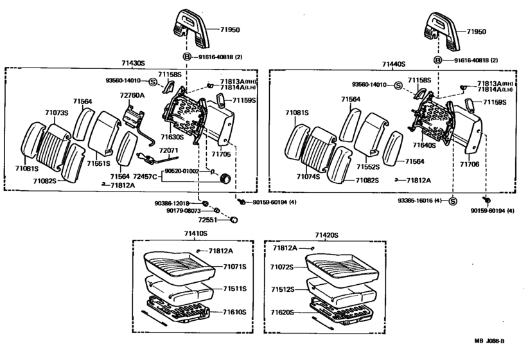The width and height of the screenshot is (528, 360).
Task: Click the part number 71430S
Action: pos(133,63)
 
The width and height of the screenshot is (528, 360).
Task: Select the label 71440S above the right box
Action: pos(394,64)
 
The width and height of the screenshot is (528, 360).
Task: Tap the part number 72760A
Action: pos(132,95)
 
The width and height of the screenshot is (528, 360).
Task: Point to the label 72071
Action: pos(168,150)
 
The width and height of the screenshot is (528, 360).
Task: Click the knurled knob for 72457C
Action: pos(225,178)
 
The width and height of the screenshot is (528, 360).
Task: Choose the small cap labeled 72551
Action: pos(233,220)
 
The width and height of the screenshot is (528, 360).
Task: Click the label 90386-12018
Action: pos(172,203)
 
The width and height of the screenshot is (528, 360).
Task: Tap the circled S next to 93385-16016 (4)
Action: pos(453,201)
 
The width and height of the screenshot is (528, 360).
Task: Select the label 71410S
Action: pos(196,233)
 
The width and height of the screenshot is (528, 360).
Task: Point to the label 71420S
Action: pos(327,235)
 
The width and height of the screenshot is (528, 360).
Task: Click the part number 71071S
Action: pos(234,267)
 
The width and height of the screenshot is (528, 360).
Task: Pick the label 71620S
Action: pos(282,312)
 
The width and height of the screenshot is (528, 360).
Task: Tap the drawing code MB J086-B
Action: pos(489,341)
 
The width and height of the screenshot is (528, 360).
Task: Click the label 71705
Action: pos(221,154)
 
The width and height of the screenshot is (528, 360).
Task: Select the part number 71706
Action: pos(470,164)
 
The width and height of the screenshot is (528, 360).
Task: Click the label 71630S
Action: pos(172,137)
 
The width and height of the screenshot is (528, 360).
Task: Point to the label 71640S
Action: pos(425,145)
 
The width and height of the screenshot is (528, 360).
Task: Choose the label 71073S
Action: pos(57,113)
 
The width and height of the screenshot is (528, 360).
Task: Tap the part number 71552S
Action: pos(368,167)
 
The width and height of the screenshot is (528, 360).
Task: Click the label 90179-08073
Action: pos(184,211)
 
